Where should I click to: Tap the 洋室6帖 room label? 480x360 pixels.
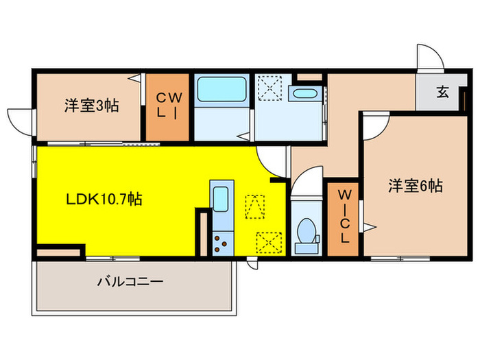[416, 185]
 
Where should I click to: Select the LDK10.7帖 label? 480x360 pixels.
[104, 200]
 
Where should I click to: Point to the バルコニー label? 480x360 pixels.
[130, 281]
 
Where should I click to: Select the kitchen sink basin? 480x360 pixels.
[221, 200]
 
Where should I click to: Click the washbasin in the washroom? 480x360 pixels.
[303, 94]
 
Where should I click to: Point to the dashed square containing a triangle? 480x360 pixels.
[254, 204]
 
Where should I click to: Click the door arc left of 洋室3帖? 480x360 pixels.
[21, 118]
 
